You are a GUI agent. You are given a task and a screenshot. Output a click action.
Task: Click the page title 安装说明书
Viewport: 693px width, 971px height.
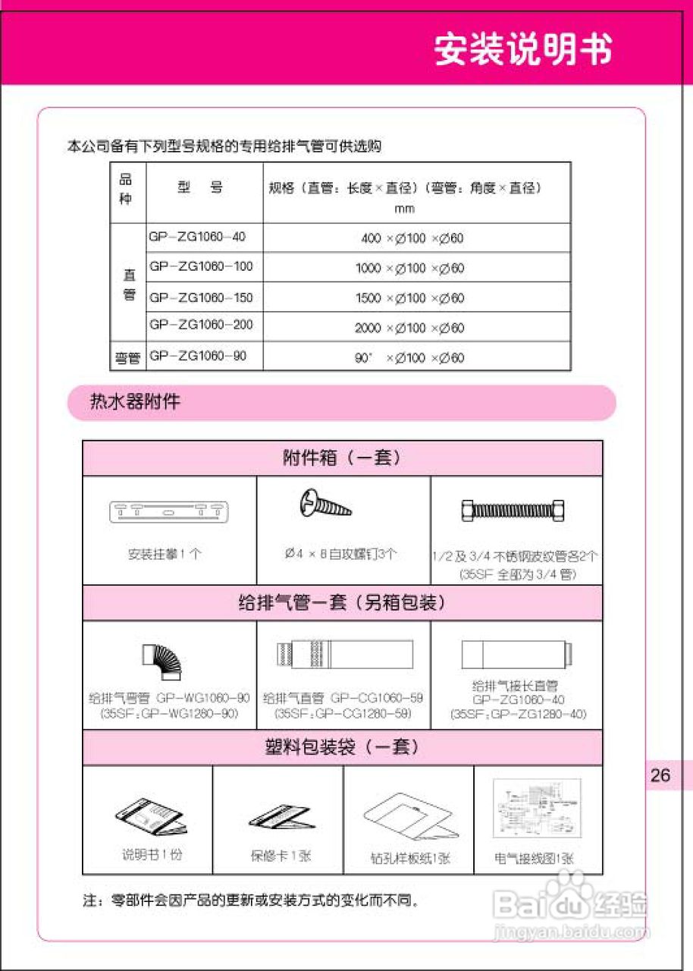pyautogui.click(x=523, y=50)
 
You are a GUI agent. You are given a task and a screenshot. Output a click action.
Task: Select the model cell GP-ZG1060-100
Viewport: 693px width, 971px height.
pyautogui.click(x=201, y=267)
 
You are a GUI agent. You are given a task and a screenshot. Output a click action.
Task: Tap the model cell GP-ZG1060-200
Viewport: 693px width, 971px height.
pyautogui.click(x=201, y=325)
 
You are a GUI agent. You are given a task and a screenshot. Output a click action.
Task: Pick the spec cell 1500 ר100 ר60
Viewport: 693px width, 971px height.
pyautogui.click(x=409, y=298)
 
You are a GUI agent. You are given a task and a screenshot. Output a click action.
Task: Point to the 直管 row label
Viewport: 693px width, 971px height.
pyautogui.click(x=129, y=283)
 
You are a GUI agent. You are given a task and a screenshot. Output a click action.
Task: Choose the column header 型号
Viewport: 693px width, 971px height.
pyautogui.click(x=200, y=188)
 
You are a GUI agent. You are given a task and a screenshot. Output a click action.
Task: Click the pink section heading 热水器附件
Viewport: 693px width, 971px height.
pyautogui.click(x=135, y=401)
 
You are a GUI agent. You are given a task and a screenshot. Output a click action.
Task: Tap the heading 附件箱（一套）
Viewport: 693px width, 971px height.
pyautogui.click(x=342, y=457)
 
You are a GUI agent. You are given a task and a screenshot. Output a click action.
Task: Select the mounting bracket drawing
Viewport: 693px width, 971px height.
pyautogui.click(x=169, y=512)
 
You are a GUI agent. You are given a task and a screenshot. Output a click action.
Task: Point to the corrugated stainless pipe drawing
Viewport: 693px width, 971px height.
pyautogui.click(x=516, y=511)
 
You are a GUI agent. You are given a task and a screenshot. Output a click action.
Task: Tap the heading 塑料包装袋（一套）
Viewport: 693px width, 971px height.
pyautogui.click(x=342, y=747)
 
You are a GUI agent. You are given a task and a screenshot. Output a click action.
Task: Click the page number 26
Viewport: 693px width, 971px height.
pyautogui.click(x=660, y=775)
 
